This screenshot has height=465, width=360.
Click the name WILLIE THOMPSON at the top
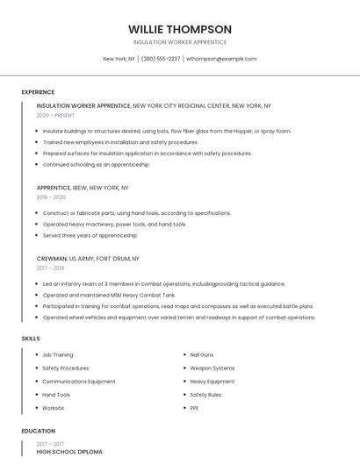tap(180, 29)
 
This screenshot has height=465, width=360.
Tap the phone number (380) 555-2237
tap(161, 59)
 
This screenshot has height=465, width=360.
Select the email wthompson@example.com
tap(221, 59)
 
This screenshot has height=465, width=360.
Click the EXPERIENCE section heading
tap(38, 92)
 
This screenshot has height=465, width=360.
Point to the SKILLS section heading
tap(31, 338)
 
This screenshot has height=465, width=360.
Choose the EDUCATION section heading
tap(39, 431)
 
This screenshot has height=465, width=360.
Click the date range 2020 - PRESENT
tap(55, 115)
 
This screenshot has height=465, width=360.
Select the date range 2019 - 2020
tap(51, 197)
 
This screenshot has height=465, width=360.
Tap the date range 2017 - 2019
tap(51, 268)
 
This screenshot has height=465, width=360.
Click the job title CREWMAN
tap(52, 259)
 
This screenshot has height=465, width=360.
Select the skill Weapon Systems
tap(212, 368)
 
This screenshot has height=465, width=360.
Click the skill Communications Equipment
tap(79, 382)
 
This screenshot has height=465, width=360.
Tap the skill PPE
tap(195, 408)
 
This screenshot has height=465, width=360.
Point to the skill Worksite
tap(54, 408)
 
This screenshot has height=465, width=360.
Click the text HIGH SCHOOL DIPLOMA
tap(69, 451)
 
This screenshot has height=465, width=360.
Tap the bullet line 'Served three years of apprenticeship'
tap(90, 235)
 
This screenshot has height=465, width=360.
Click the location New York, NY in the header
tap(119, 59)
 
